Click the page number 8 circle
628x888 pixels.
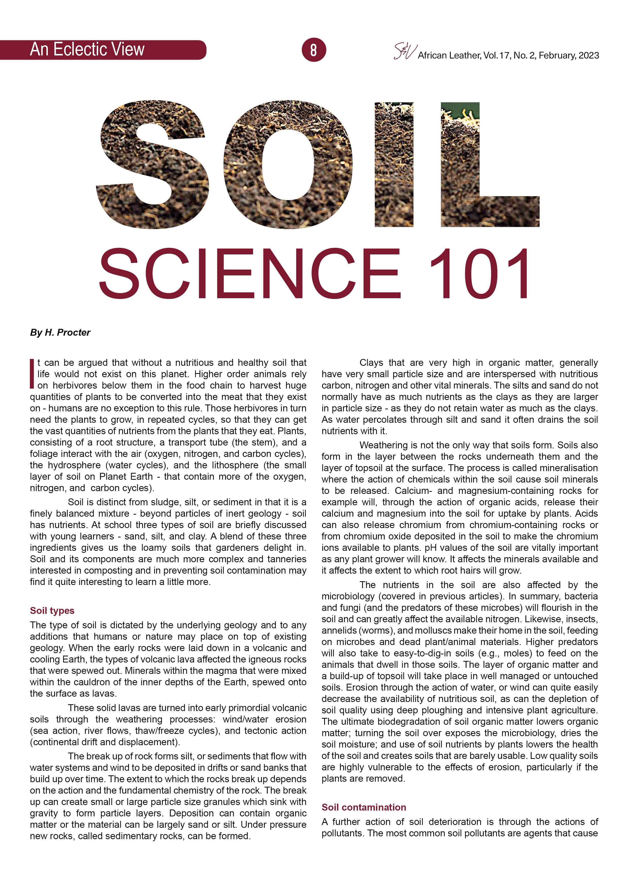tap(313, 50)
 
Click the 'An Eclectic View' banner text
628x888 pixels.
tap(87, 50)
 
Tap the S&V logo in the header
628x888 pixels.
tap(405, 52)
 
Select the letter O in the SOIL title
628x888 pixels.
tap(288, 164)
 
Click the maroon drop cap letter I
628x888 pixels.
tap(32, 373)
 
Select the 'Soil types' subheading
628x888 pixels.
tap(52, 610)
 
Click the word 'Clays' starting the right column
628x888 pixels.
tap(371, 363)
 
